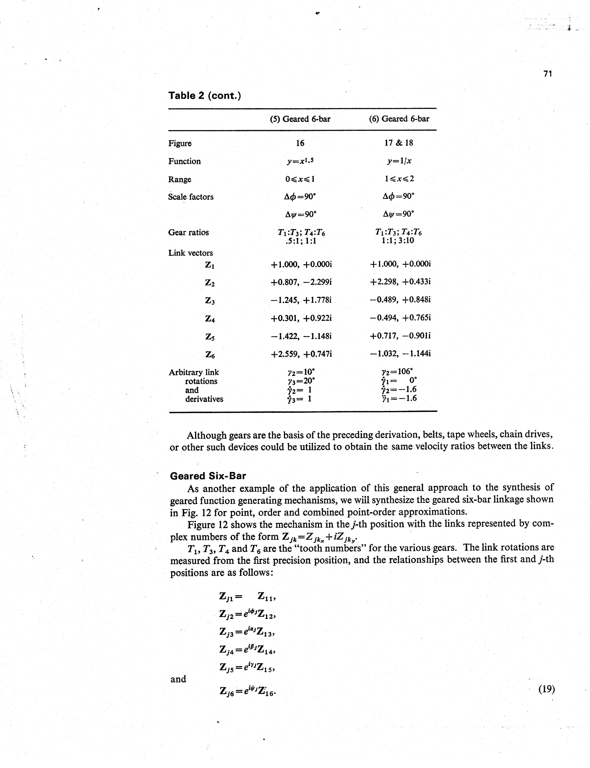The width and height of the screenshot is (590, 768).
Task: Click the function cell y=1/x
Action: click(x=399, y=161)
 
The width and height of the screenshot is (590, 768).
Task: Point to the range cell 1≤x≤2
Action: click(x=399, y=179)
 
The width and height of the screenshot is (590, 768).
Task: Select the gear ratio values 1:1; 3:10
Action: click(x=399, y=241)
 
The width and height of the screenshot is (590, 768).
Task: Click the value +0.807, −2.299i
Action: click(x=301, y=282)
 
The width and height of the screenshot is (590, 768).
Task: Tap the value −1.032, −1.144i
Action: click(x=400, y=354)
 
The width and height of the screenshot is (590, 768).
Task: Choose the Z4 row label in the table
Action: click(x=210, y=319)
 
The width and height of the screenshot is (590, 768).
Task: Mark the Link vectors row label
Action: click(x=190, y=253)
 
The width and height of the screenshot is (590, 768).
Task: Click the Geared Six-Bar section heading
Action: click(x=208, y=476)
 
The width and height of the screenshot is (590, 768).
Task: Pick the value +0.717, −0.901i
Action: click(x=400, y=336)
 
